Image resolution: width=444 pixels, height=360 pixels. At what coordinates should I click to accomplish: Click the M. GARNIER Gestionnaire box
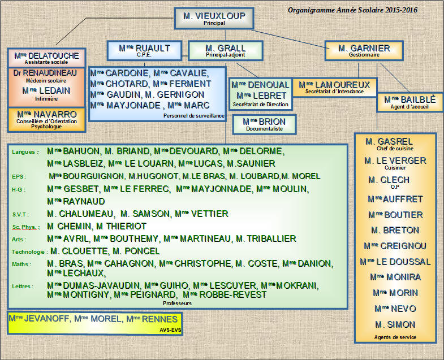point(364,50)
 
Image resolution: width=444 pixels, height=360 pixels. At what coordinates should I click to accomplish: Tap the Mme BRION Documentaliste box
point(264,124)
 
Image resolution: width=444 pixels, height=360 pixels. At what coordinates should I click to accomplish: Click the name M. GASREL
point(389,141)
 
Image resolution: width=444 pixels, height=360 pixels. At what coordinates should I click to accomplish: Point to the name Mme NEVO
point(395,309)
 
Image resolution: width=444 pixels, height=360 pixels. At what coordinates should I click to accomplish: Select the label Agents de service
point(395,337)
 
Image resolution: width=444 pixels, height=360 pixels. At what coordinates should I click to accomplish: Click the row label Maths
point(21,264)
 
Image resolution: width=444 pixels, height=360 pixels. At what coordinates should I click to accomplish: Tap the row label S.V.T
point(20,215)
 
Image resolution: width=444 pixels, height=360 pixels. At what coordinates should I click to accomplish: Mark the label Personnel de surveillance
point(193,116)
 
